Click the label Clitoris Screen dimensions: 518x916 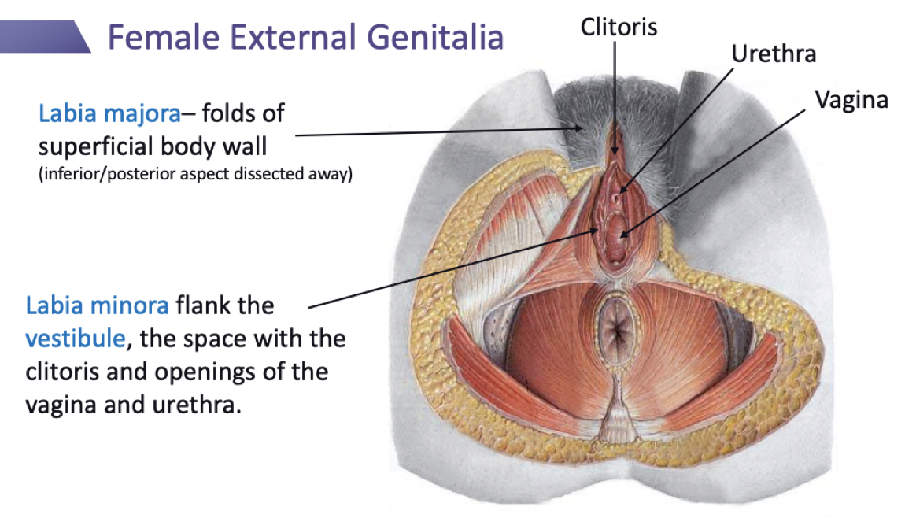619,28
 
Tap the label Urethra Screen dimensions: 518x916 774,54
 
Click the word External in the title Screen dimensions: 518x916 296,38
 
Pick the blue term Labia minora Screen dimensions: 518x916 97,304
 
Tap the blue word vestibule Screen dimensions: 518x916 75,339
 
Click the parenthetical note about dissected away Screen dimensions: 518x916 195,175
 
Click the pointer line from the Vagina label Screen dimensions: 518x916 716,169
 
